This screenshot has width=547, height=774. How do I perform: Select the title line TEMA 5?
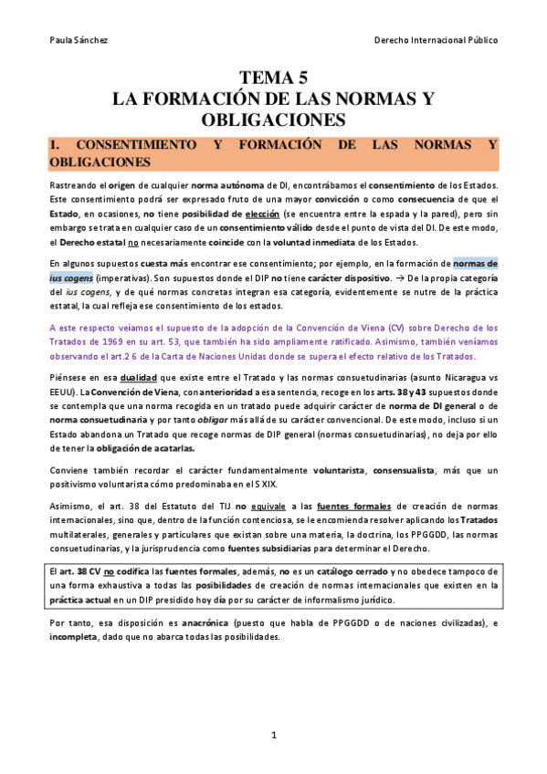[x=273, y=78]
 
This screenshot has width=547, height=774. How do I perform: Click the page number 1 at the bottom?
[x=273, y=735]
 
